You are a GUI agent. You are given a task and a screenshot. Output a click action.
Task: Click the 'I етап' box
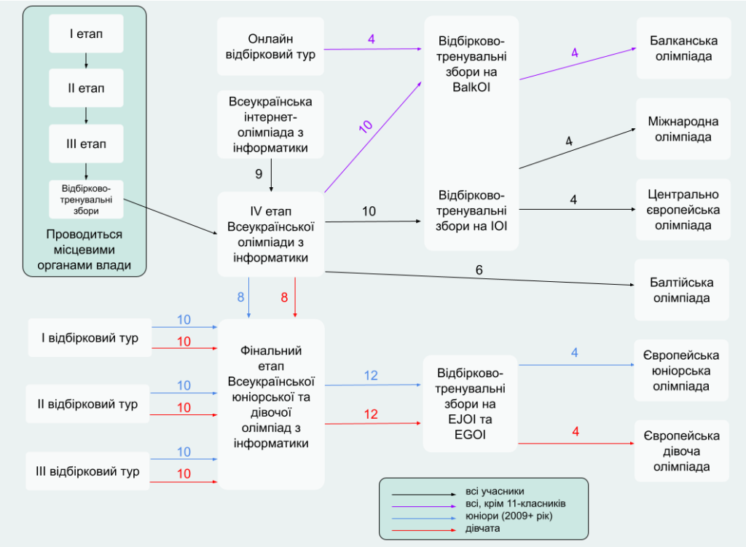pyautogui.click(x=86, y=33)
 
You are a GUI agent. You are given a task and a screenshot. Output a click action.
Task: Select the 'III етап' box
pyautogui.click(x=86, y=143)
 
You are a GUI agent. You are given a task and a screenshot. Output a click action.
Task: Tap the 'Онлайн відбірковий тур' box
pyautogui.click(x=270, y=47)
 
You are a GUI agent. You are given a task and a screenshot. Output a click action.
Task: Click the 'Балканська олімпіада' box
pyautogui.click(x=683, y=47)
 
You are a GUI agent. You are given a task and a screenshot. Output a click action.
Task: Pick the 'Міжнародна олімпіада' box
pyautogui.click(x=683, y=128)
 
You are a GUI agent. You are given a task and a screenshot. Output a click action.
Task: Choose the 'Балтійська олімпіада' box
pyautogui.click(x=682, y=290)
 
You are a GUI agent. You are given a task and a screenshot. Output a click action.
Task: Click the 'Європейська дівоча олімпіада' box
pyautogui.click(x=682, y=451)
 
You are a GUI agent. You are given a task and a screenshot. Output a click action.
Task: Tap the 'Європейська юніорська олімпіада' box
pyautogui.click(x=682, y=370)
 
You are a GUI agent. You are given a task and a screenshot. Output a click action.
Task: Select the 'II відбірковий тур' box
pyautogui.click(x=87, y=404)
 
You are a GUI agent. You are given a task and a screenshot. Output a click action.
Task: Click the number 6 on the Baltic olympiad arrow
pyautogui.click(x=479, y=270)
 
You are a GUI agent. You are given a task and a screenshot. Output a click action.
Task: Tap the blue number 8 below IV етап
pyautogui.click(x=240, y=297)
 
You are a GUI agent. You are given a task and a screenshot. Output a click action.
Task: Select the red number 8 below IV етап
pyautogui.click(x=285, y=297)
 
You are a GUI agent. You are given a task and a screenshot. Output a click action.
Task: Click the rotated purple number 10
pyautogui.click(x=366, y=125)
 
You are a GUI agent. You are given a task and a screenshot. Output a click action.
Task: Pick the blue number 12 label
pyautogui.click(x=371, y=376)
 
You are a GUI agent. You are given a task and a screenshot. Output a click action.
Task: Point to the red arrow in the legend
pyautogui.click(x=421, y=529)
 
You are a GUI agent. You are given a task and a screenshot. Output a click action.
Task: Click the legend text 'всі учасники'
pyautogui.click(x=495, y=492)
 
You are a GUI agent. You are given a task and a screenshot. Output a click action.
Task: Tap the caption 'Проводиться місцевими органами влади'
pyautogui.click(x=85, y=250)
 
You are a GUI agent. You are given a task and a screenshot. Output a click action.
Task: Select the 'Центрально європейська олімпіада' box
pyautogui.click(x=683, y=210)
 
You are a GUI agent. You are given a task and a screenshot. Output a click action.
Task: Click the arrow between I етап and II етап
pyautogui.click(x=86, y=60)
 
